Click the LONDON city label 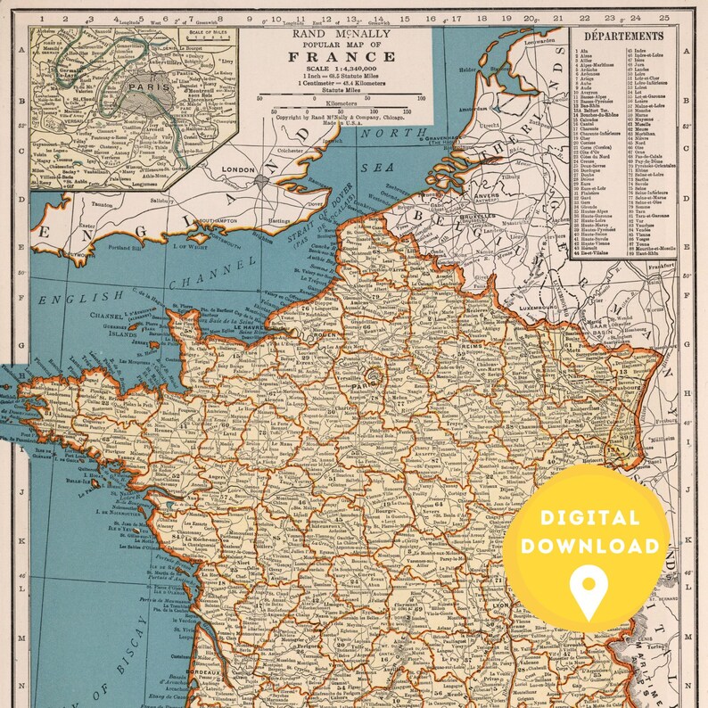(x=239, y=169)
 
